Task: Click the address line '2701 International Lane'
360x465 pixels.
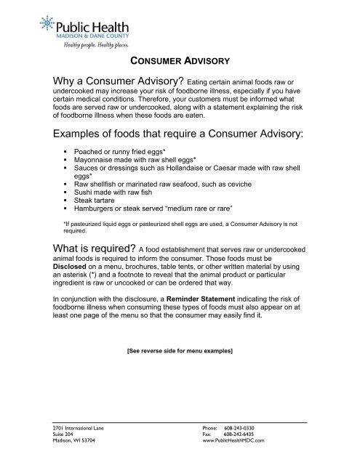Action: (72, 428)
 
